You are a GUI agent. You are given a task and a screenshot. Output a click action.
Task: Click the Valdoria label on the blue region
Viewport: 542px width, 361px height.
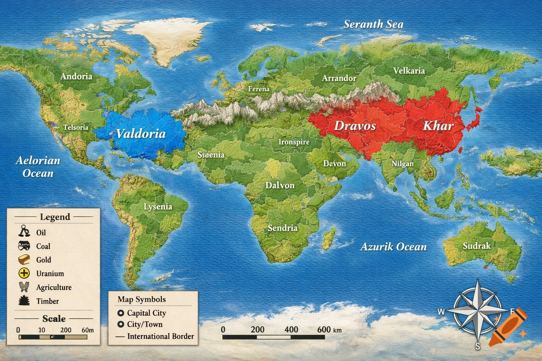141,134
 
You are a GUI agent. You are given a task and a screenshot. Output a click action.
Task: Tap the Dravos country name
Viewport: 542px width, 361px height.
355,126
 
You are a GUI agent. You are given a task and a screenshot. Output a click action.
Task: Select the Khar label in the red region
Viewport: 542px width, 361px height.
438,126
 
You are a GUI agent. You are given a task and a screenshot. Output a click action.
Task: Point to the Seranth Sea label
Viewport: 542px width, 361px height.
373,24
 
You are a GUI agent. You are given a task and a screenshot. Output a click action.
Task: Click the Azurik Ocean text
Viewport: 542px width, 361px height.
393,247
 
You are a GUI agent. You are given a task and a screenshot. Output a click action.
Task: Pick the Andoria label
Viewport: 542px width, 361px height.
76,77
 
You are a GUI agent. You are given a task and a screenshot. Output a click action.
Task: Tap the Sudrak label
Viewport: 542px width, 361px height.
476,246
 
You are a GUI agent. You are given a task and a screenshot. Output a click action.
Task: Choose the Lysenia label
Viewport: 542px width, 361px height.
158,207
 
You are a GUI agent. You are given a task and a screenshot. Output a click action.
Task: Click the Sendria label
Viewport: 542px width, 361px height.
282,228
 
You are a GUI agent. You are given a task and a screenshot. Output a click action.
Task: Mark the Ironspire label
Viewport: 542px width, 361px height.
294,142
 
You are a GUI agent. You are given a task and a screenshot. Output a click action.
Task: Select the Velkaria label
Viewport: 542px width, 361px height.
409,71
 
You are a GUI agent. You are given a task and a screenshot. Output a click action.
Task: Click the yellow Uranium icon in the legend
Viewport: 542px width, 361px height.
24,273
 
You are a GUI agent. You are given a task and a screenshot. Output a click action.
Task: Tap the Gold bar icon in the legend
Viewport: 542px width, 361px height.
24,259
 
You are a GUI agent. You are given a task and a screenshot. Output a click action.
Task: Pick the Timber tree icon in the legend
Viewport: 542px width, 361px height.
24,301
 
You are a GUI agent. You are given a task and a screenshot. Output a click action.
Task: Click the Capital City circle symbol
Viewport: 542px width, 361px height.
121,313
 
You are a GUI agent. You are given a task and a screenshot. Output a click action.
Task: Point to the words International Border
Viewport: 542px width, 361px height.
160,336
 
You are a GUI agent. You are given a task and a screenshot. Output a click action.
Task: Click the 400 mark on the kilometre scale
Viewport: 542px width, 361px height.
291,330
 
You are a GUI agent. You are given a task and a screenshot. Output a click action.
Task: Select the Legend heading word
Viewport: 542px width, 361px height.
55,217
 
